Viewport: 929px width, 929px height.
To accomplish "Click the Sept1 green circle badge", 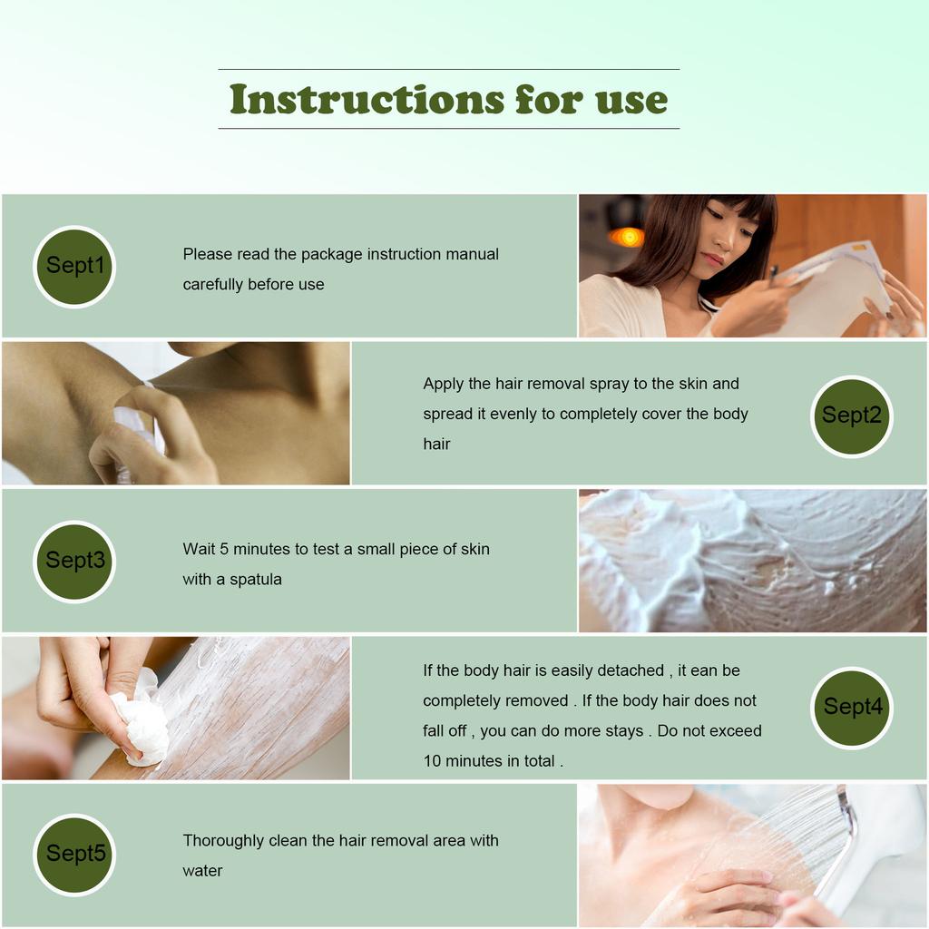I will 74,266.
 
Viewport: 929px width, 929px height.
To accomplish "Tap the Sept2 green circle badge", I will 851,416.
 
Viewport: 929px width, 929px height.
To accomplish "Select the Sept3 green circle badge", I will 74,561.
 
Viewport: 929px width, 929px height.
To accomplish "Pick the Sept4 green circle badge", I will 851,708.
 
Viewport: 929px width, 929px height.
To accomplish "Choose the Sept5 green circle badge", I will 74,854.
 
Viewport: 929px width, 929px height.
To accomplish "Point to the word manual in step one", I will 472,254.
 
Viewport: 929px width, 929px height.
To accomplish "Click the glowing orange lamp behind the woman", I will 627,237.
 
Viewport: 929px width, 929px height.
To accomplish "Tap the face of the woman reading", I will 728,238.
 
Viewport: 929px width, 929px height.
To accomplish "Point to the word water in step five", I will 202,871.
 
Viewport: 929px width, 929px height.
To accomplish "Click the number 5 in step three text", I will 224,549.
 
